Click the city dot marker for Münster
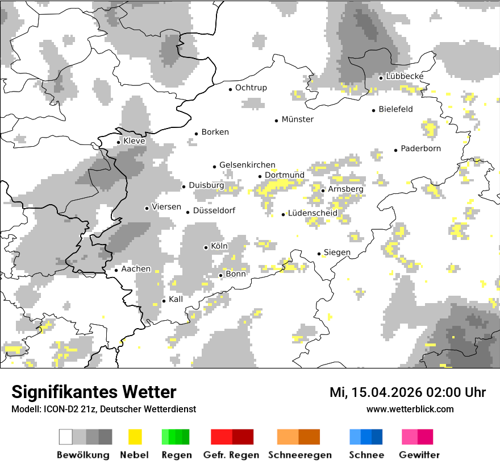pyautogui.click(x=277, y=121)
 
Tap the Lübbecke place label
pyautogui.click(x=405, y=76)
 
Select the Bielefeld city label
pyautogui.click(x=395, y=109)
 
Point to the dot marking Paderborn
pyautogui.click(x=396, y=150)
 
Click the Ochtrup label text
pyautogui.click(x=251, y=88)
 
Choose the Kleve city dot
pyautogui.click(x=119, y=142)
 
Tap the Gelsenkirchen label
pyautogui.click(x=247, y=165)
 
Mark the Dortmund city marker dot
pyautogui.click(x=260, y=176)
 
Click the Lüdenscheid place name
pyautogui.click(x=312, y=213)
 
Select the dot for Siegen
pyautogui.click(x=319, y=254)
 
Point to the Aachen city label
pyautogui.click(x=136, y=269)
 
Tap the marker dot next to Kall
pyautogui.click(x=164, y=301)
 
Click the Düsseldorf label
pyautogui.click(x=214, y=211)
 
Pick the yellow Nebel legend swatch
pyautogui.click(x=135, y=437)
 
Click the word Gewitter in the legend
pyautogui.click(x=419, y=455)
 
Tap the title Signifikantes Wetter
pyautogui.click(x=94, y=392)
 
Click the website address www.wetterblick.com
pyautogui.click(x=410, y=409)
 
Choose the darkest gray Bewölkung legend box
pyautogui.click(x=105, y=437)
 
